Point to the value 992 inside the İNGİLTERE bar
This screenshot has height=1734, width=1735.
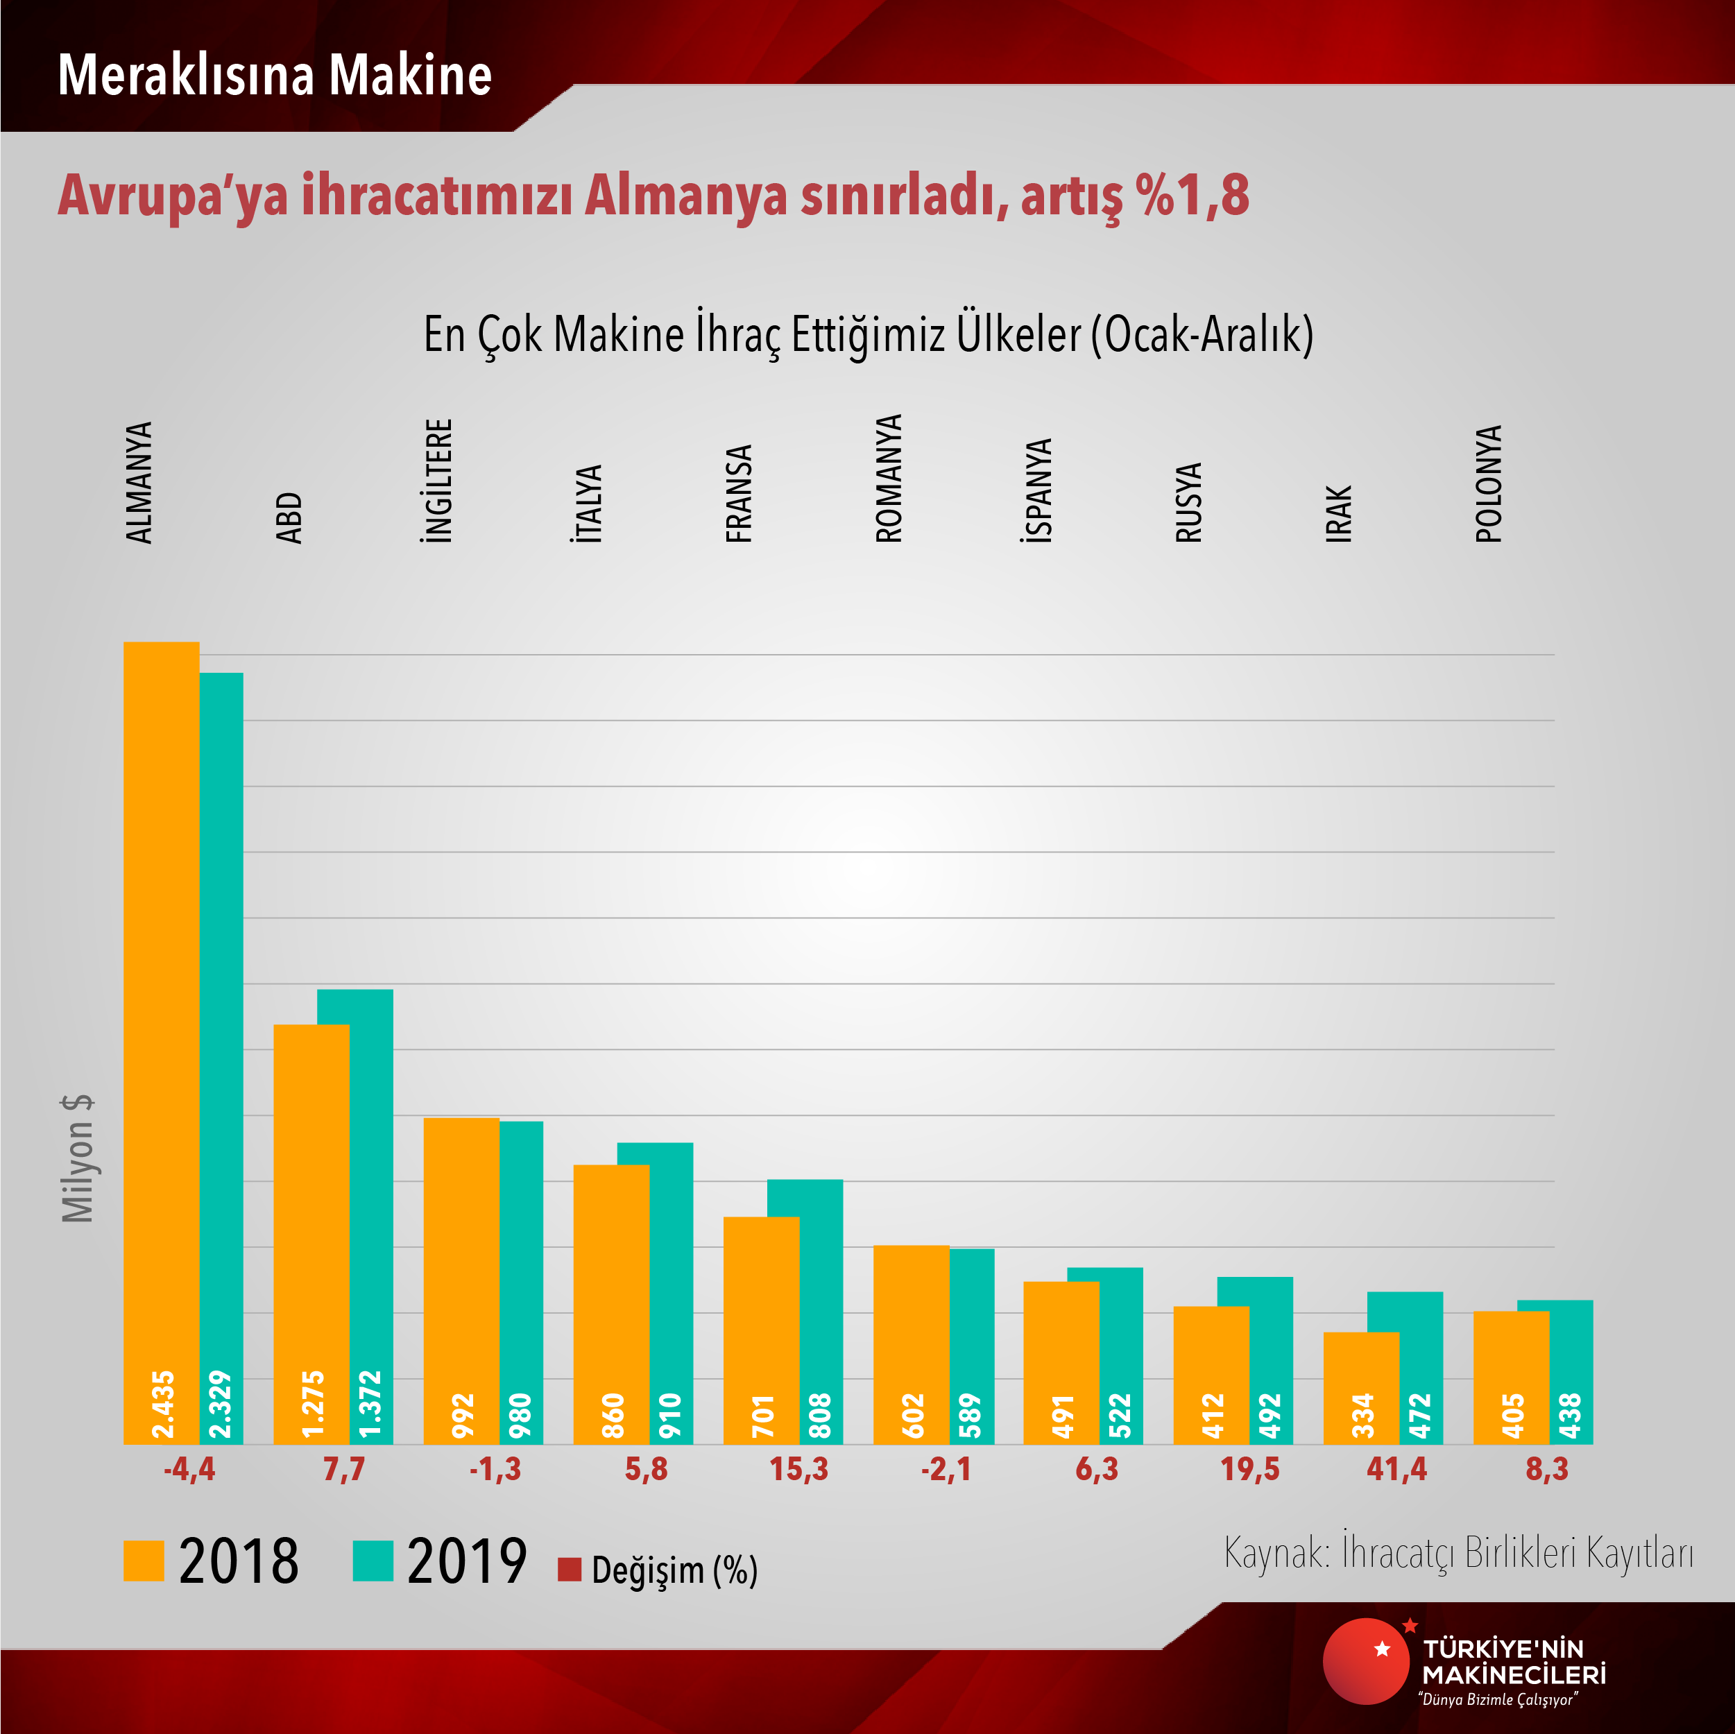[x=461, y=1415]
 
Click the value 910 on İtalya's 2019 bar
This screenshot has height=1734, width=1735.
[x=671, y=1415]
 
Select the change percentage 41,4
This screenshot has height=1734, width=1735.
[x=1396, y=1470]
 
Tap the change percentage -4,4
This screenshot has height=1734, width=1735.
[x=189, y=1470]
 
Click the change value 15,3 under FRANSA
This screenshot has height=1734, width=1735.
[x=798, y=1470]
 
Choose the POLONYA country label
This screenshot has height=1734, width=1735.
[x=1488, y=484]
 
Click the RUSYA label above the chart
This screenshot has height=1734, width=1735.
[x=1188, y=503]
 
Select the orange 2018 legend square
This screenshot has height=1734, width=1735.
[x=144, y=1561]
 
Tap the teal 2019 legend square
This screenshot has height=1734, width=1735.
[x=373, y=1561]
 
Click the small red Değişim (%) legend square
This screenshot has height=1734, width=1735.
[x=570, y=1570]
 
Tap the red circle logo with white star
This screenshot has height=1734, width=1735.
[x=1365, y=1660]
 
